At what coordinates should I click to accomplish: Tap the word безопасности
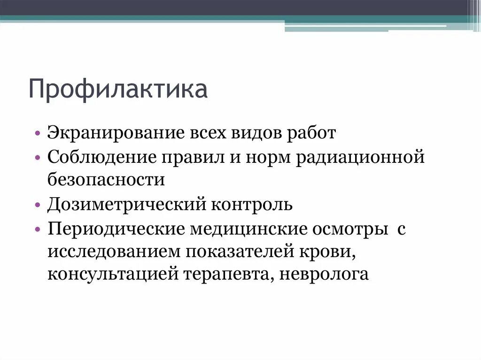(106, 180)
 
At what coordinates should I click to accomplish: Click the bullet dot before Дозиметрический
(38, 206)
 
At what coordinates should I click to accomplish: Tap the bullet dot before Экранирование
(38, 134)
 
